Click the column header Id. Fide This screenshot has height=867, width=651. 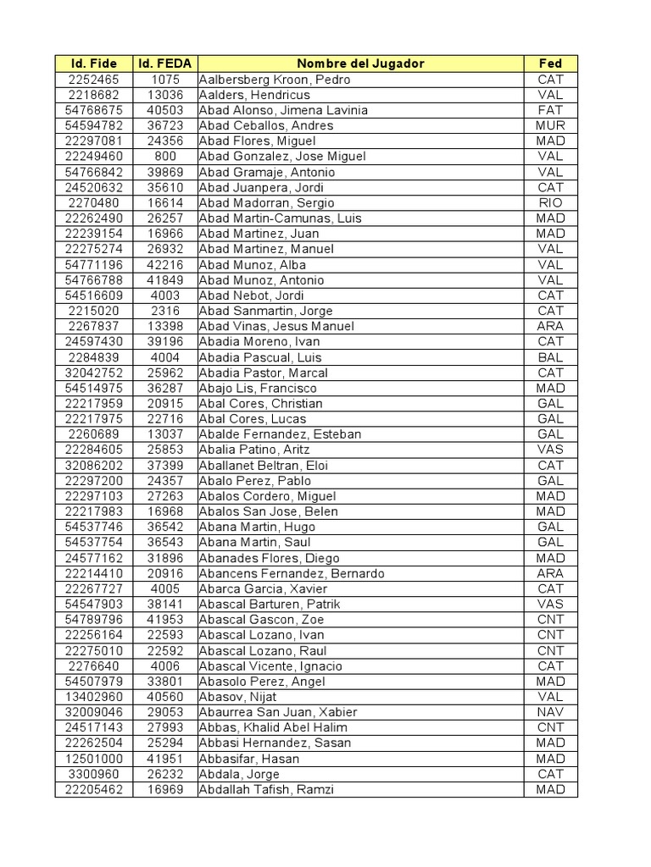coord(93,64)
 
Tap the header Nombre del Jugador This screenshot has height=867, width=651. coord(360,64)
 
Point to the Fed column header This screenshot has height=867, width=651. coord(550,64)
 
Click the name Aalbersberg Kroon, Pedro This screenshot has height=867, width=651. coord(274,80)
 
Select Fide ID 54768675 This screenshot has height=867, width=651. coord(93,110)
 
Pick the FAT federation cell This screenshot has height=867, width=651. coord(550,110)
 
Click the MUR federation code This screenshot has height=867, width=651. coord(550,125)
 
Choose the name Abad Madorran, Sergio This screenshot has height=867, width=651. coord(266,202)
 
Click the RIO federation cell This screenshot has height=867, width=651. coord(550,202)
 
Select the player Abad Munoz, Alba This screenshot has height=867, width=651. coord(253,264)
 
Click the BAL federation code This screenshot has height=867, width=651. coord(550,357)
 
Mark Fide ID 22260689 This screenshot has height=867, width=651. coord(93,434)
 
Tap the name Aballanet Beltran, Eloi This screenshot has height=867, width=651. coord(263,465)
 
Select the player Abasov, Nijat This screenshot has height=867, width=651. coord(237,697)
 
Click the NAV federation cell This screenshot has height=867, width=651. coord(550,712)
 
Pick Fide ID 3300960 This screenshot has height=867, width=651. coord(93,774)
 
